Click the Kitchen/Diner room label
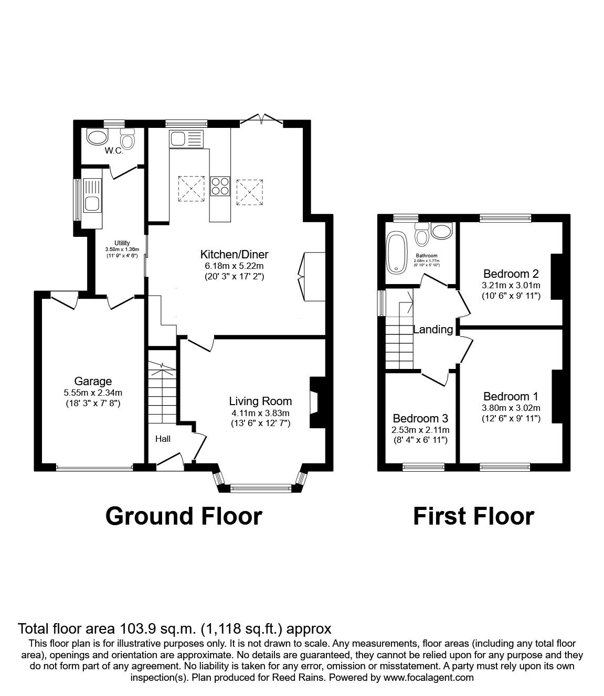click(234, 255)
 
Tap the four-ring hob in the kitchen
click(220, 186)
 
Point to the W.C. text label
click(113, 151)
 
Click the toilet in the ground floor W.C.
click(127, 139)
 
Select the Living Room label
click(260, 401)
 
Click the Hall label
click(162, 439)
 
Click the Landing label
click(433, 330)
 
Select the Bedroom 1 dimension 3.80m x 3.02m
click(511, 408)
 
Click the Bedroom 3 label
click(420, 419)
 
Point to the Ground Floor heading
click(184, 516)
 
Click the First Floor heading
click(473, 516)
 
